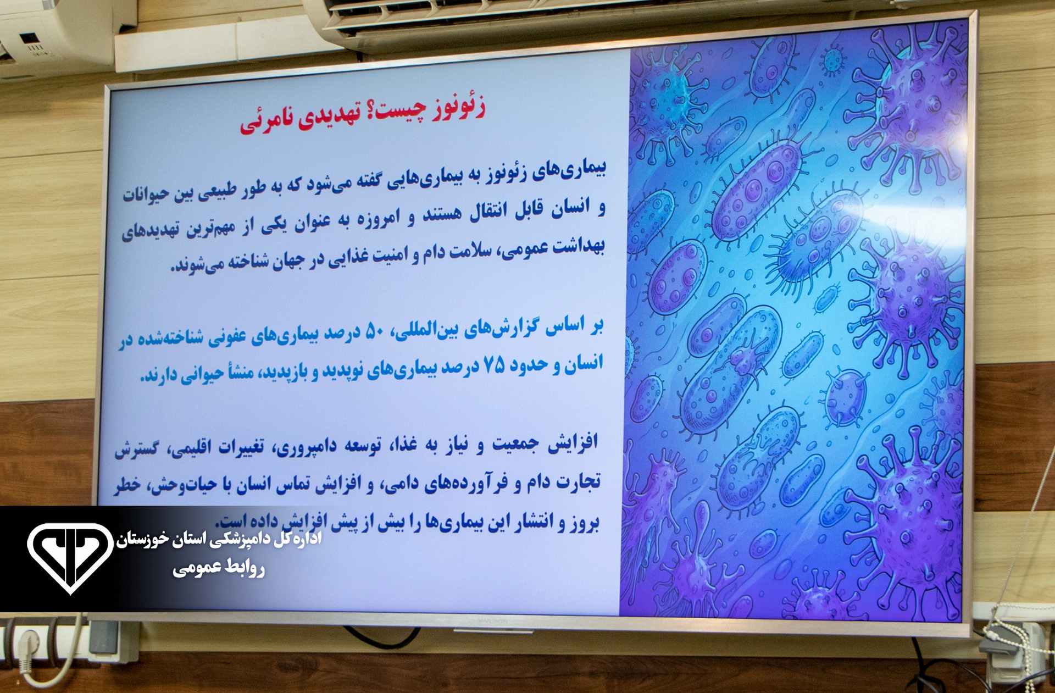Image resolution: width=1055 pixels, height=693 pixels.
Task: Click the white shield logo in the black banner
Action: tap(70, 557)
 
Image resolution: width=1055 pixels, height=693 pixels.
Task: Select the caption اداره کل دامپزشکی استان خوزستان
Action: tap(219, 539)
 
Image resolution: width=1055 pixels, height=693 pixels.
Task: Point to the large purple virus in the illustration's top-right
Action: tap(907, 99)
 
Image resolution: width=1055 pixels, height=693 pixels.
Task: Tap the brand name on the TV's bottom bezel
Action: tap(492, 622)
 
